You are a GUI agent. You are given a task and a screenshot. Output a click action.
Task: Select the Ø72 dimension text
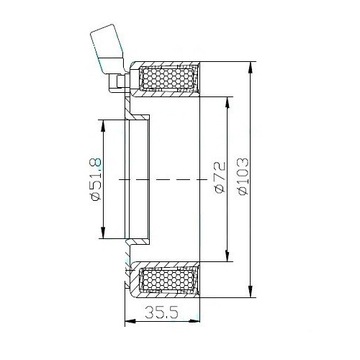click(x=220, y=177)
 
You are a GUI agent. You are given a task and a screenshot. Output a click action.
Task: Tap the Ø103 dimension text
click(x=243, y=176)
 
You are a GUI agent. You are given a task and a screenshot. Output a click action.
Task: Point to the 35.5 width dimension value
click(x=162, y=312)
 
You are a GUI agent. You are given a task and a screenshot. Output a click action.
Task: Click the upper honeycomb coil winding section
click(x=168, y=79)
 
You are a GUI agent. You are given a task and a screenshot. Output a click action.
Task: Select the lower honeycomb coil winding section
click(x=168, y=279)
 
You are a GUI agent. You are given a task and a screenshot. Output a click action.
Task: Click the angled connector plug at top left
click(x=107, y=48)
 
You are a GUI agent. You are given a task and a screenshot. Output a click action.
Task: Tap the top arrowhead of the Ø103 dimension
click(x=250, y=68)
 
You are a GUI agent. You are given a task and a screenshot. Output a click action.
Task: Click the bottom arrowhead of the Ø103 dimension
click(x=250, y=291)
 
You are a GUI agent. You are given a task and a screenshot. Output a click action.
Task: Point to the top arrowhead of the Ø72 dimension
click(x=228, y=103)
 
